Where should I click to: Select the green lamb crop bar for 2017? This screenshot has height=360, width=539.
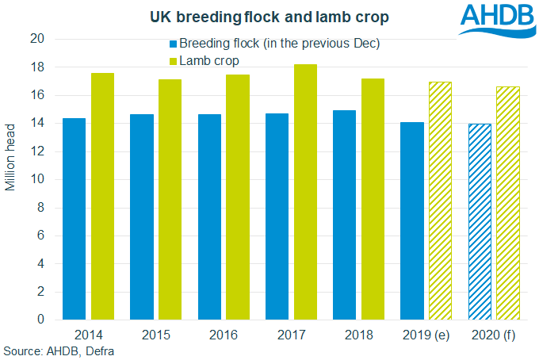click(x=305, y=192)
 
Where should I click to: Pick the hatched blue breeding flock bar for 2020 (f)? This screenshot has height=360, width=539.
click(x=480, y=221)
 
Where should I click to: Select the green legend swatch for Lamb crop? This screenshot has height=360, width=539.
click(x=172, y=60)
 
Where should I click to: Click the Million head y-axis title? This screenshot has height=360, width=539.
click(x=12, y=179)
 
